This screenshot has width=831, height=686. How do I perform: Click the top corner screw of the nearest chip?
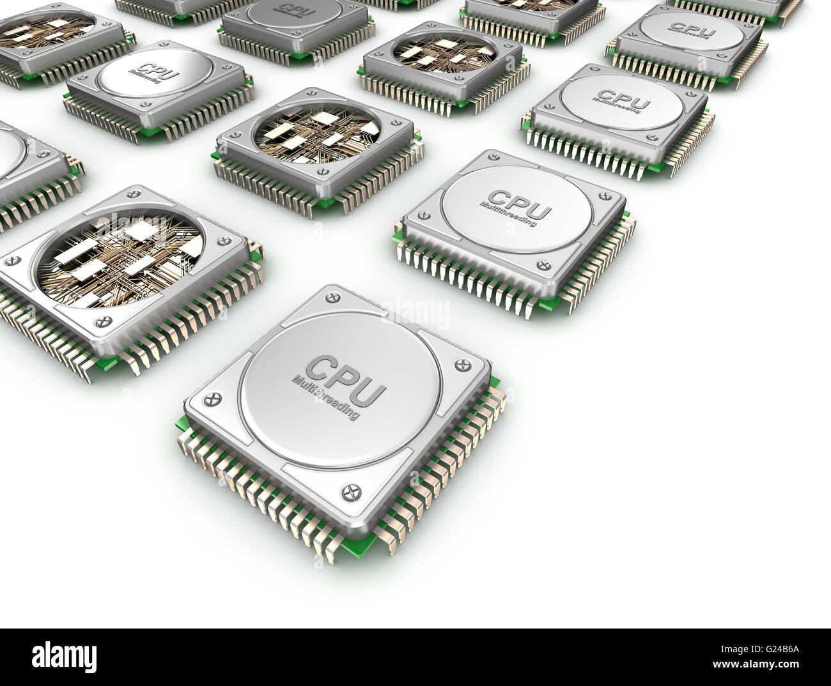click(330, 297)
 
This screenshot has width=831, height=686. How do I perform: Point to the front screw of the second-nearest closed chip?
click(545, 264)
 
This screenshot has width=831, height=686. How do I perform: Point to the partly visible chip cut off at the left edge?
click(26, 172)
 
